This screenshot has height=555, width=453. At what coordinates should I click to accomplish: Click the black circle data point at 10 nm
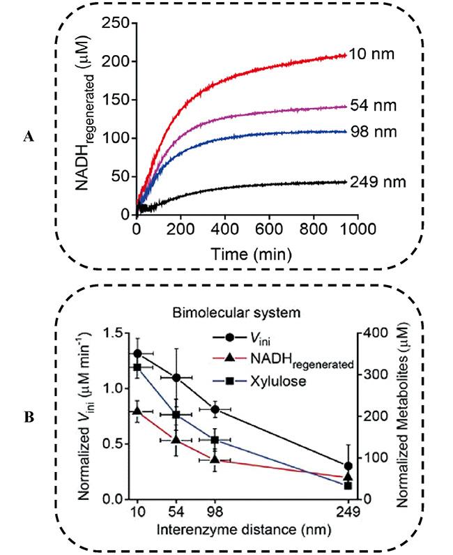click(137, 353)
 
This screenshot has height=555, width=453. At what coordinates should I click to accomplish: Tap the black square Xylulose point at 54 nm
click(177, 415)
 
